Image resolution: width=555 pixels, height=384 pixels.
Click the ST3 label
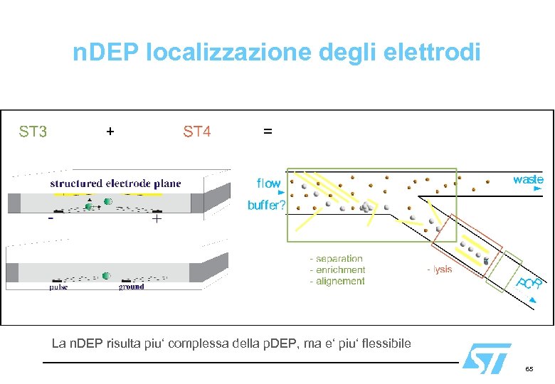coord(33,132)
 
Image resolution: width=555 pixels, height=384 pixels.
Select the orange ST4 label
coord(197,132)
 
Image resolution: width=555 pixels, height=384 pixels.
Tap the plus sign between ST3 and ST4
coord(110,131)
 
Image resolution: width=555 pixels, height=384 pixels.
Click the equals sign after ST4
coord(267,132)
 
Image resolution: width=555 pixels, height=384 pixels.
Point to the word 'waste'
coord(528,179)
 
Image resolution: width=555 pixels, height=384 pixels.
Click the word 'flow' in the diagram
coord(268,183)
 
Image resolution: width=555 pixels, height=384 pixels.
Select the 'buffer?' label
coord(266,206)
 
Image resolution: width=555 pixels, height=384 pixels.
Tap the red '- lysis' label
coord(439,270)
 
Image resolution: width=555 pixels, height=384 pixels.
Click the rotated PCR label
coord(529,284)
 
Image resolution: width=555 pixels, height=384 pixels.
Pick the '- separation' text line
coord(336,259)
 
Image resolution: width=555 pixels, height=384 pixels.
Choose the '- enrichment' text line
coord(337,270)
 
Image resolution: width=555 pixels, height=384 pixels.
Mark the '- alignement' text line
coord(337,281)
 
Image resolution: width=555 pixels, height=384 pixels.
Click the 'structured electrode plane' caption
coord(115,183)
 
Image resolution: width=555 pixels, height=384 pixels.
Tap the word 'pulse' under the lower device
coord(59,287)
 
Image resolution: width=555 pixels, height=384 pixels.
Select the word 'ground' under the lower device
coord(131,287)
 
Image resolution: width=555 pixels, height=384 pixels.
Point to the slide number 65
coord(529,370)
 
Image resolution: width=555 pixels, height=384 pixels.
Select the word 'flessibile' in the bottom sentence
coord(382,344)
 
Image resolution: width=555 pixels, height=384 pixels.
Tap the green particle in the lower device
coord(106,275)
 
